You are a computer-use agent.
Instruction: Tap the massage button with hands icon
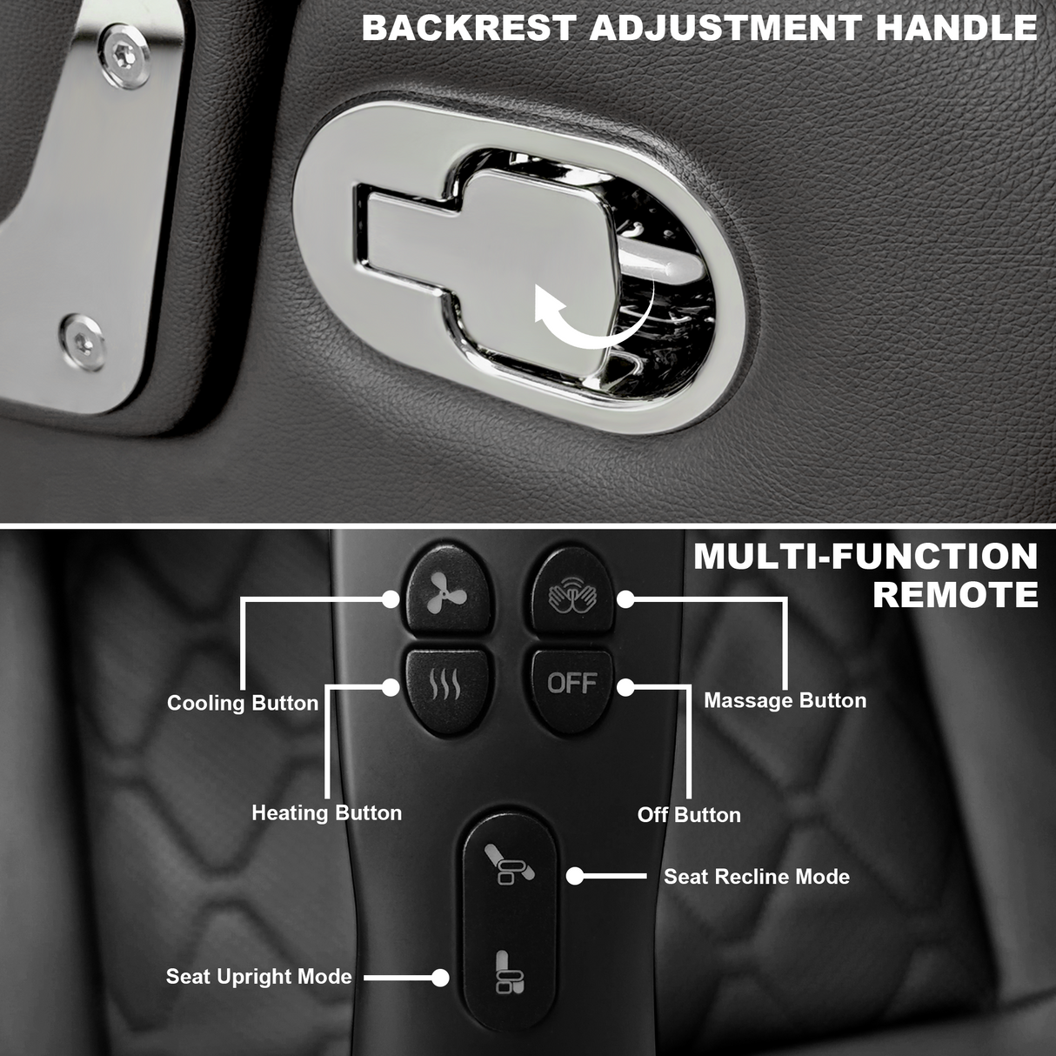[571, 596]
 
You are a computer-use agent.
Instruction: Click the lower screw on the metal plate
[81, 336]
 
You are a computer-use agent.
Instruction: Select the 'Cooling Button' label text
[243, 703]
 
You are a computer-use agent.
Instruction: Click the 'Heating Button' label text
[327, 812]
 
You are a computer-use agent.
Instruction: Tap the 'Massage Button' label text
[785, 700]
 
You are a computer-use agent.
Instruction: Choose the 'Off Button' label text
[689, 815]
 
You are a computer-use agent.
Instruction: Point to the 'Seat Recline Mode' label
[757, 877]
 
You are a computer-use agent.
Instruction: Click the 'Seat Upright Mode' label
[259, 977]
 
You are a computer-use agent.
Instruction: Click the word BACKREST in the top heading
[469, 29]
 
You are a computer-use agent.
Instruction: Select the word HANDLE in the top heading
[956, 29]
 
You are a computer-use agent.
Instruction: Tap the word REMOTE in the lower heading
[955, 596]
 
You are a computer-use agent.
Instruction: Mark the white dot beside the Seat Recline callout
[575, 876]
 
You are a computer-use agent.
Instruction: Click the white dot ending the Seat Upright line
[440, 978]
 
